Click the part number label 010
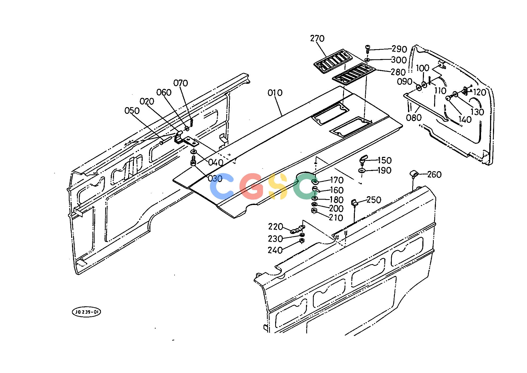pos(275,93)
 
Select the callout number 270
pos(317,39)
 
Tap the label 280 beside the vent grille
pos(398,72)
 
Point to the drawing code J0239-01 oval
pos(86,312)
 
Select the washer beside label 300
pos(367,60)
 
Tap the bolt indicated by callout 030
pos(193,161)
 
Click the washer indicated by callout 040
pos(194,152)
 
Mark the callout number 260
pos(434,175)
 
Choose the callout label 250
pos(374,200)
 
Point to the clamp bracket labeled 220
pos(297,229)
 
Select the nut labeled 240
pos(301,241)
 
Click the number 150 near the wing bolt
pos(385,160)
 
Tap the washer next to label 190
pos(362,170)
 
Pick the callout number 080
pos(414,118)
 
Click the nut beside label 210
pos(314,211)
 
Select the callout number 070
pos(181,83)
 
